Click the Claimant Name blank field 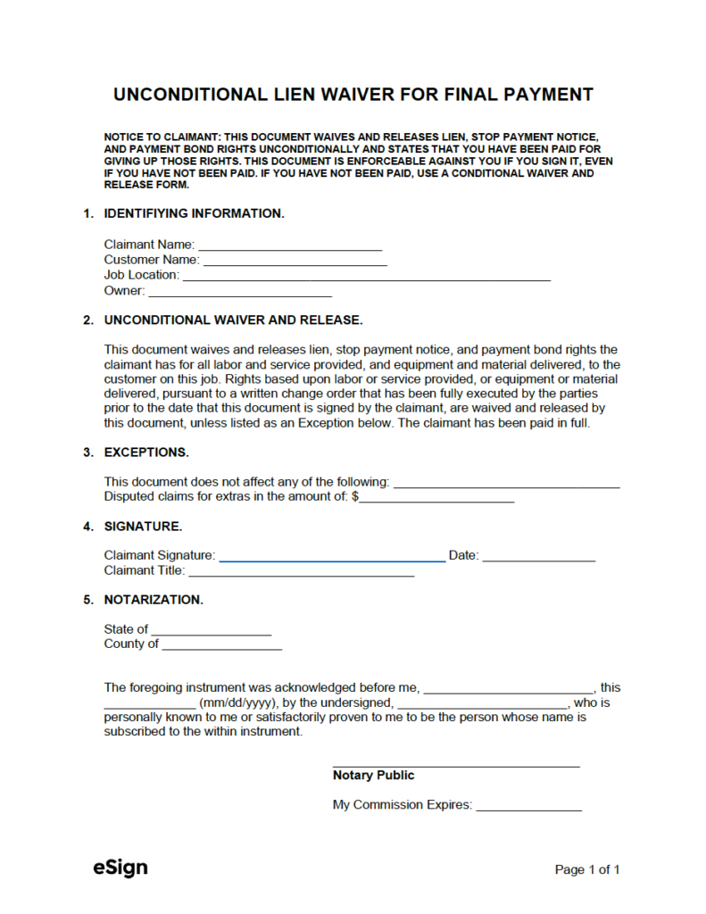[289, 245]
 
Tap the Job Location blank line [366, 276]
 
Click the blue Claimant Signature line [332, 557]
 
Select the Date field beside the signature [538, 557]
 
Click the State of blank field [211, 630]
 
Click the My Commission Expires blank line [528, 806]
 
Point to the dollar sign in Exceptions [355, 497]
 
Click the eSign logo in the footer [120, 868]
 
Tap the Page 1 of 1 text [586, 869]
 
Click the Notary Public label [373, 776]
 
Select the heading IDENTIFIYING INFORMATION [194, 214]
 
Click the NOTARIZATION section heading [154, 600]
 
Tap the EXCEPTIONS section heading [145, 453]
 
